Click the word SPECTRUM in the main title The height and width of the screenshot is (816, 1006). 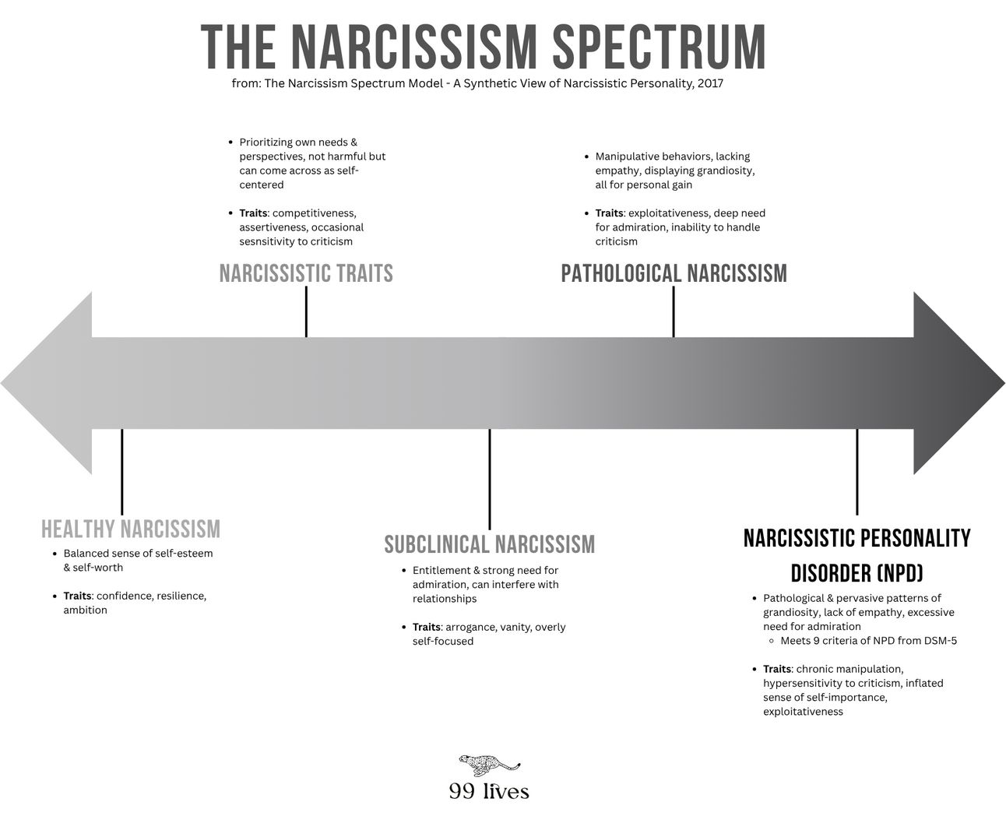point(660,47)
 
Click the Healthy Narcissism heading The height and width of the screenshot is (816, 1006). point(131,529)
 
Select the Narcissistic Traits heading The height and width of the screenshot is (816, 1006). point(306,274)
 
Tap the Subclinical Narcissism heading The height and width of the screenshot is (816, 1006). point(490,544)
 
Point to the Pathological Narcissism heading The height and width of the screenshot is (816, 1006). point(674,274)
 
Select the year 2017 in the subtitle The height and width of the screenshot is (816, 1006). point(710,83)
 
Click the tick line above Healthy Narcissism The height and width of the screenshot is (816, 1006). point(122,471)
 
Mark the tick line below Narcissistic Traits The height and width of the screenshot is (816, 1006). point(306,311)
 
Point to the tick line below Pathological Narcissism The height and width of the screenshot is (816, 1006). point(674,311)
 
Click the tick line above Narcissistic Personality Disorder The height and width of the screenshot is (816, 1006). point(857,471)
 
